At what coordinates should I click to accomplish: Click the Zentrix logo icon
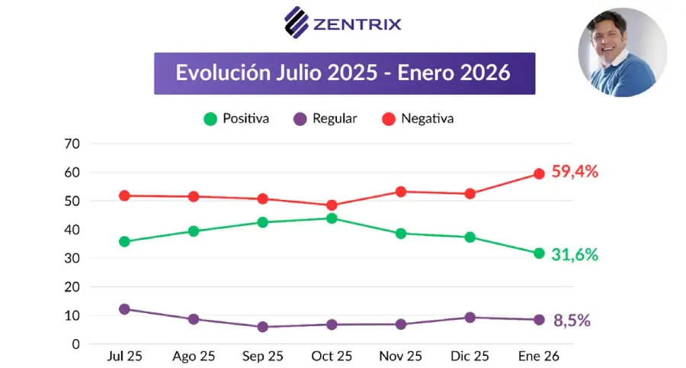[x=297, y=22]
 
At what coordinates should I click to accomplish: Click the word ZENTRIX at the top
[x=357, y=24]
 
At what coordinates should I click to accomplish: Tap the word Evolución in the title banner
[x=223, y=73]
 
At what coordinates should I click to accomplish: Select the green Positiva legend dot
[x=210, y=119]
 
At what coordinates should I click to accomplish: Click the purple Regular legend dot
[x=300, y=119]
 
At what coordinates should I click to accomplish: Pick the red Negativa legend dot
[x=389, y=119]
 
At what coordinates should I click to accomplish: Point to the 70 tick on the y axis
[x=72, y=144]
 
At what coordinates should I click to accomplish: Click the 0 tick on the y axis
[x=76, y=344]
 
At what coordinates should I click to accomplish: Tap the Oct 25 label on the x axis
[x=332, y=357]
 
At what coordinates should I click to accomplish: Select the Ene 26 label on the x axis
[x=539, y=357]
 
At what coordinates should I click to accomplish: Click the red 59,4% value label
[x=575, y=172]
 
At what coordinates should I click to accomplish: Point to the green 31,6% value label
[x=575, y=254]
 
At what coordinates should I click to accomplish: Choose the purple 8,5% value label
[x=572, y=321]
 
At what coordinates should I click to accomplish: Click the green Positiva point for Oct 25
[x=332, y=218]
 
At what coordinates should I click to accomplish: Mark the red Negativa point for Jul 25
[x=124, y=195]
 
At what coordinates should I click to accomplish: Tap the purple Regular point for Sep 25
[x=262, y=327]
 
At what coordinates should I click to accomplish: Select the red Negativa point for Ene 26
[x=539, y=174]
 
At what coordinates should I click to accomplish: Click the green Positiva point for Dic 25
[x=470, y=237]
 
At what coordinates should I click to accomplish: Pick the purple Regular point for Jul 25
[x=124, y=309]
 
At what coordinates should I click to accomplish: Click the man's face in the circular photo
[x=608, y=40]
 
